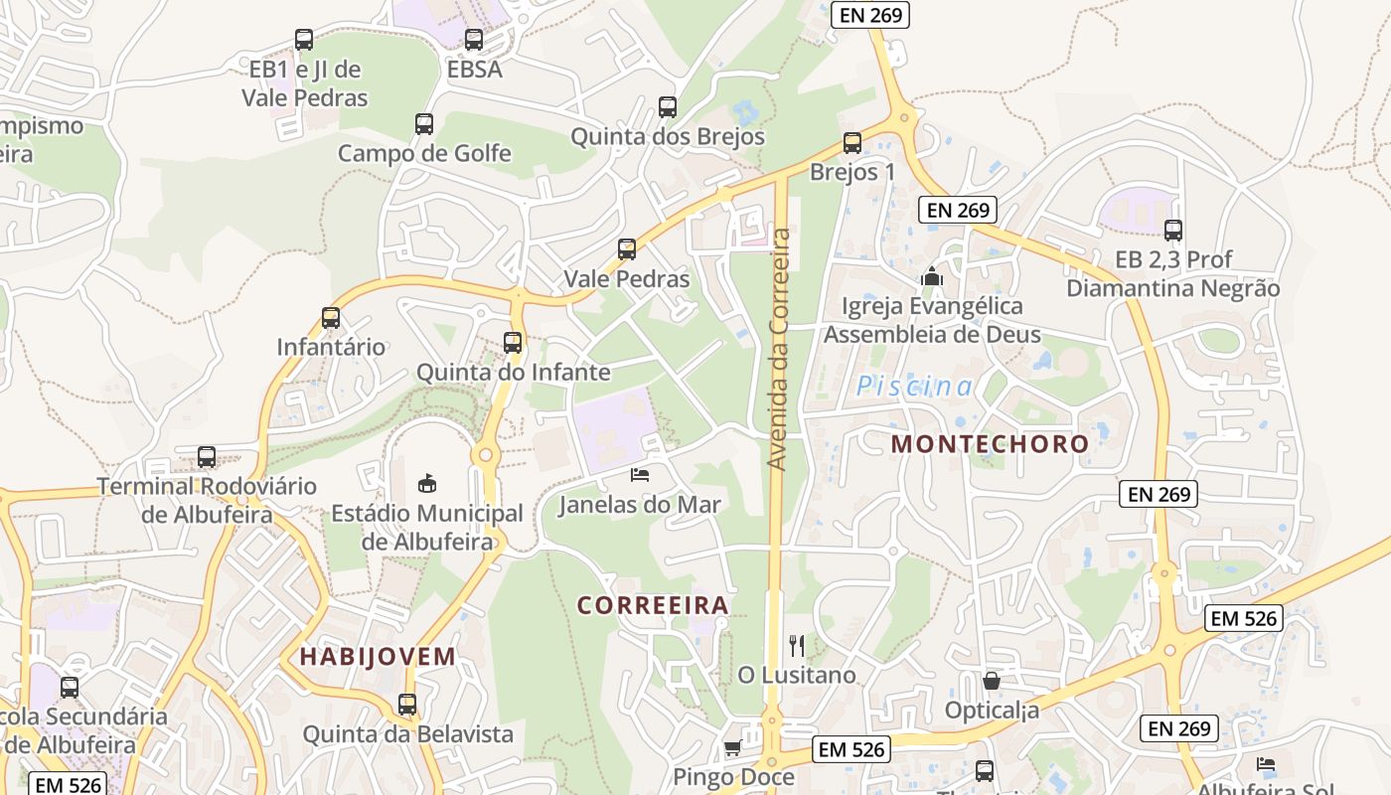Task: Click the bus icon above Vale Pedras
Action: tap(627, 249)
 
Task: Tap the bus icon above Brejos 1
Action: tap(852, 142)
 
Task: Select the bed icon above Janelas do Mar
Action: tap(641, 475)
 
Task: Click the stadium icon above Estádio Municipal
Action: tap(426, 483)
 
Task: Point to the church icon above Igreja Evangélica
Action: tap(932, 276)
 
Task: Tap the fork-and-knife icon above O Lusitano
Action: tap(796, 646)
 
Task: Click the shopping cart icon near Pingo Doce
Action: tap(733, 747)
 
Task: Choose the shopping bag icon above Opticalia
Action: tap(991, 681)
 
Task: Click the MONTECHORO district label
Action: tap(990, 444)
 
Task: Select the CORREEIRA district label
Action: tap(654, 605)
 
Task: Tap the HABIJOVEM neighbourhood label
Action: tap(378, 657)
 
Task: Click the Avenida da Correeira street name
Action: tap(780, 349)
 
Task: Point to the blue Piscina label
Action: tap(915, 387)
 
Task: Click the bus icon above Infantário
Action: tap(331, 318)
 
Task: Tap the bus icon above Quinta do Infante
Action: tap(513, 343)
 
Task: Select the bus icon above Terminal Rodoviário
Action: tap(207, 457)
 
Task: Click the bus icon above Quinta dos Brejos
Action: tap(668, 107)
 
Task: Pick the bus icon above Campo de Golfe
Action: tap(424, 124)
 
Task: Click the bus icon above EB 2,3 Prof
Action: tap(1173, 231)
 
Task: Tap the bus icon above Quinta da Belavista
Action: tap(407, 705)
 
